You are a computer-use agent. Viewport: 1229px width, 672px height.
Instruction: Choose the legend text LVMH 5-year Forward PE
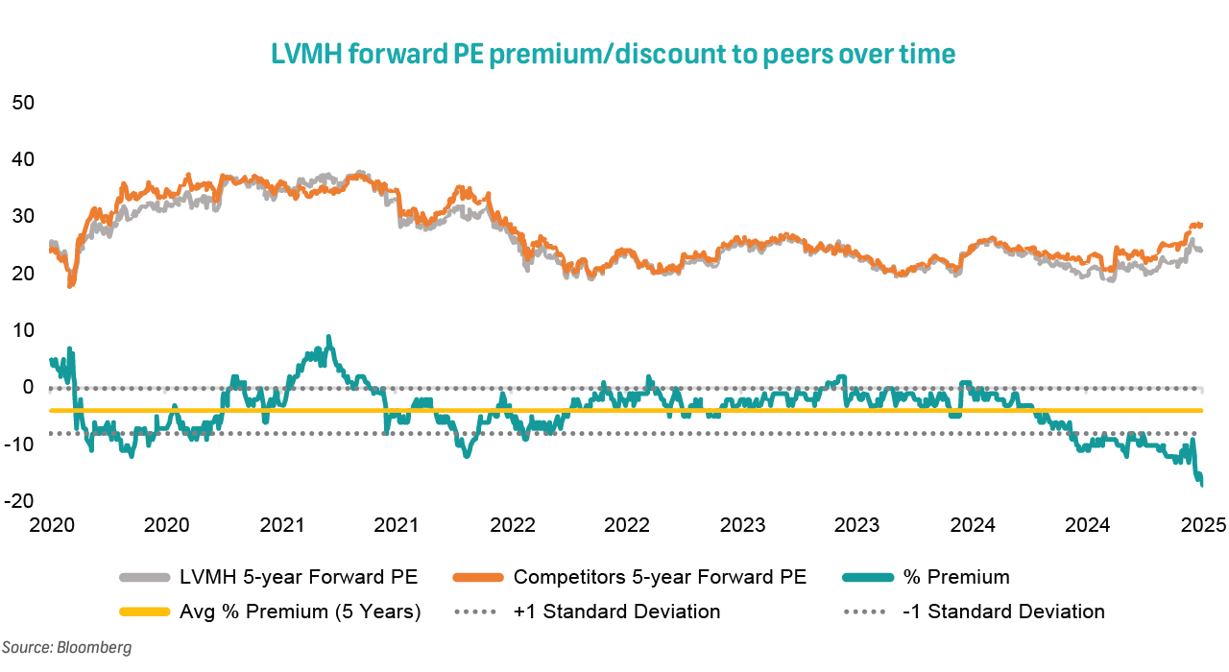coord(299,578)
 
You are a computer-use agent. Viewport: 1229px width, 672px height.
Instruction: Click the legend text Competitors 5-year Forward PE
coord(660,578)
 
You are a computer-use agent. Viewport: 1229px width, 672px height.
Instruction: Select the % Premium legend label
coord(957,578)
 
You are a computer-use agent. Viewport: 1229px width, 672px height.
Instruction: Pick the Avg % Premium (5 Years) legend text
coord(300,612)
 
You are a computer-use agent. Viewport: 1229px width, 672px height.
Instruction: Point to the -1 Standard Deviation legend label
coord(1003,612)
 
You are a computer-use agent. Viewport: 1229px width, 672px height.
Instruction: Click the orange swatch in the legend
coord(474,578)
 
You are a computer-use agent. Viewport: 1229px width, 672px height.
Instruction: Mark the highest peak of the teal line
coord(328,337)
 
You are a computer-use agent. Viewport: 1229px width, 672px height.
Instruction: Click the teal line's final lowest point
coord(1202,485)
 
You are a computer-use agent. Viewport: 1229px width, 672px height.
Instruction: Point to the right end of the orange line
coord(1202,225)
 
